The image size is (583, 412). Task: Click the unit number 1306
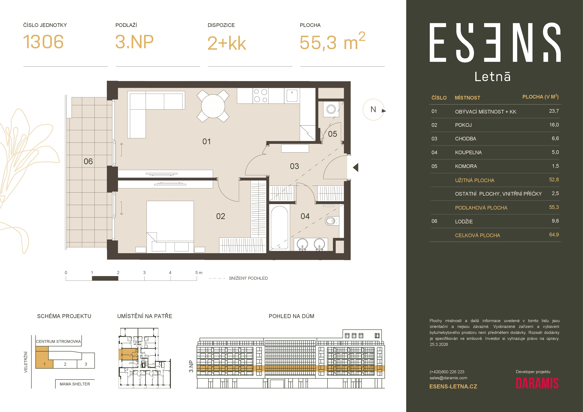click(x=43, y=42)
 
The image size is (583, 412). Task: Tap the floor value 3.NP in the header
click(x=134, y=42)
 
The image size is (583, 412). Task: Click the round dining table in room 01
click(x=213, y=106)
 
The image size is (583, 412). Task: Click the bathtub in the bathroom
click(x=279, y=228)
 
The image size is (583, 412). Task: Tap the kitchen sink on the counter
click(x=292, y=95)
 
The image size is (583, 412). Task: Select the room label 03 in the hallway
click(x=294, y=166)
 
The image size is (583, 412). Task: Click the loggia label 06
click(x=88, y=161)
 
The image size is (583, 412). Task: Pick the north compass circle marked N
click(x=373, y=109)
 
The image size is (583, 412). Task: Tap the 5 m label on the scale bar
click(x=199, y=273)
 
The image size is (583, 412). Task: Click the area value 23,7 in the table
click(x=554, y=111)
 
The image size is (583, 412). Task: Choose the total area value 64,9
click(x=554, y=235)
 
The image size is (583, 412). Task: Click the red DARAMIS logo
click(x=537, y=383)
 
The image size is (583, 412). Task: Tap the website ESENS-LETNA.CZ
click(x=453, y=387)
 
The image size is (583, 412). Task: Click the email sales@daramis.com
click(x=448, y=378)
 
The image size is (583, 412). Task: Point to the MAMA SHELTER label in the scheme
click(x=75, y=384)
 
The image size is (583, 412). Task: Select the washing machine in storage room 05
click(x=331, y=109)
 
